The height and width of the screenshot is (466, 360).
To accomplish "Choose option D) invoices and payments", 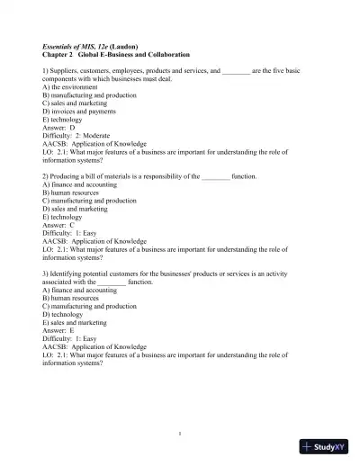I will click(82, 112).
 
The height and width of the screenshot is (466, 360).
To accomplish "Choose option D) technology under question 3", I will click(65, 314).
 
